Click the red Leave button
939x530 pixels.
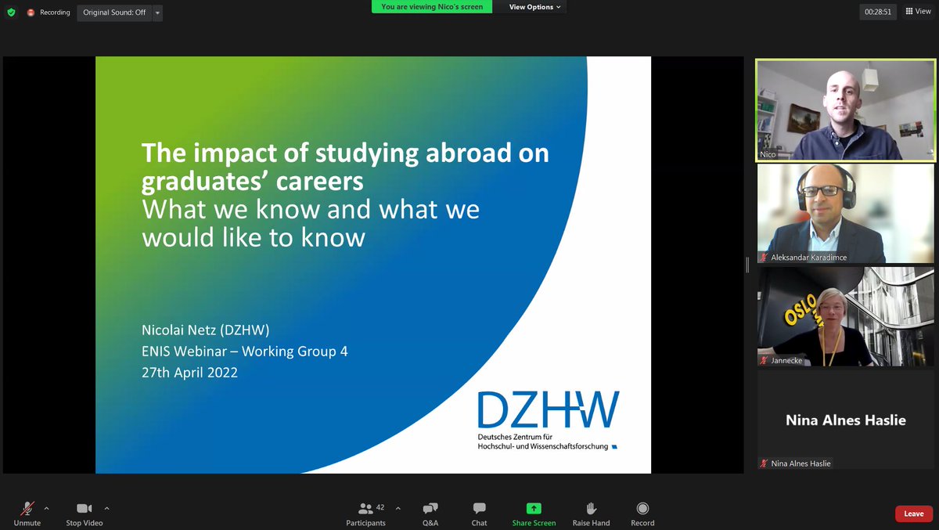[x=913, y=514]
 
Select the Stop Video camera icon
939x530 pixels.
[x=84, y=509]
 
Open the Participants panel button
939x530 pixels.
[x=365, y=509]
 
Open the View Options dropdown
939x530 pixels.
[x=535, y=7]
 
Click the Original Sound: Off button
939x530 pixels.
[x=114, y=13]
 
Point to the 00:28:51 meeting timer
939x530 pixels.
[x=877, y=12]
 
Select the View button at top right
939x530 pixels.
[x=919, y=12]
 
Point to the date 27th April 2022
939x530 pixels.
[x=189, y=373]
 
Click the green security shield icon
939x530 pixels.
[x=11, y=13]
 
